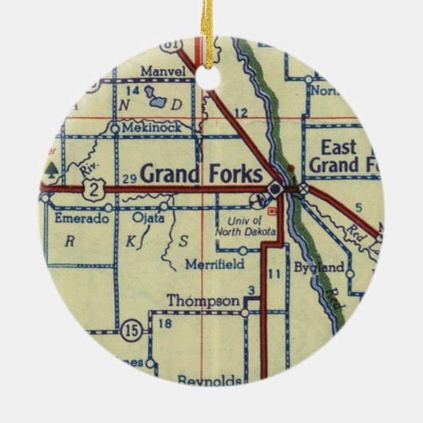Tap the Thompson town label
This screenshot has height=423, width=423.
203,301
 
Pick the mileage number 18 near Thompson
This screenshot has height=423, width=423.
165,323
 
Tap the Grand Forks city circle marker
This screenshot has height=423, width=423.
275,188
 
